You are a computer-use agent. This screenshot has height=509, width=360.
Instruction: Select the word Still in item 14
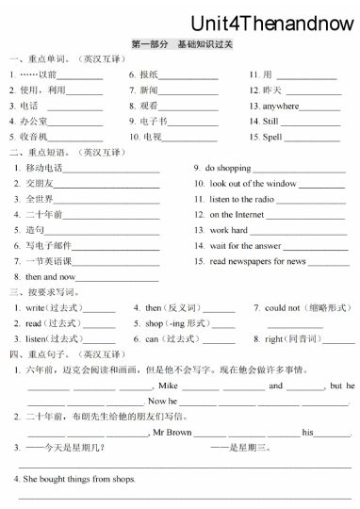click(x=270, y=122)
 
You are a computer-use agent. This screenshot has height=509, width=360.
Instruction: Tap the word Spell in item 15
click(x=272, y=137)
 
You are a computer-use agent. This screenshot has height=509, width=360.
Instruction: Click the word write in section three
click(x=35, y=308)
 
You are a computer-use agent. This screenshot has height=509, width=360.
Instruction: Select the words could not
click(x=282, y=308)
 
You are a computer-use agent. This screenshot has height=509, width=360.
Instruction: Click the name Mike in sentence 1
click(x=169, y=386)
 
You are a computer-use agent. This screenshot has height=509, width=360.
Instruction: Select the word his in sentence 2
click(x=307, y=432)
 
